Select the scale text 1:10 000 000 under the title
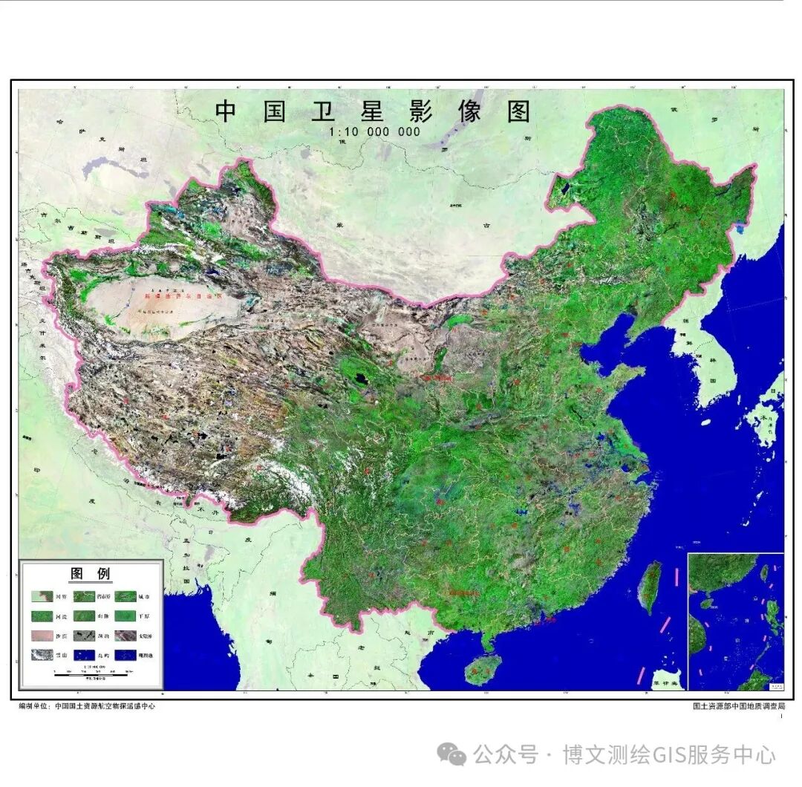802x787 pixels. click(x=375, y=132)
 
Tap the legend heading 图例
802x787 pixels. click(x=91, y=573)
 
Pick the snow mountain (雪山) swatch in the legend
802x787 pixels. click(x=42, y=655)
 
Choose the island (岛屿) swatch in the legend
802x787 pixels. click(x=85, y=655)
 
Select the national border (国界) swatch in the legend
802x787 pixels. click(x=42, y=595)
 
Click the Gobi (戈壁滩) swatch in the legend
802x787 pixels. click(x=125, y=636)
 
